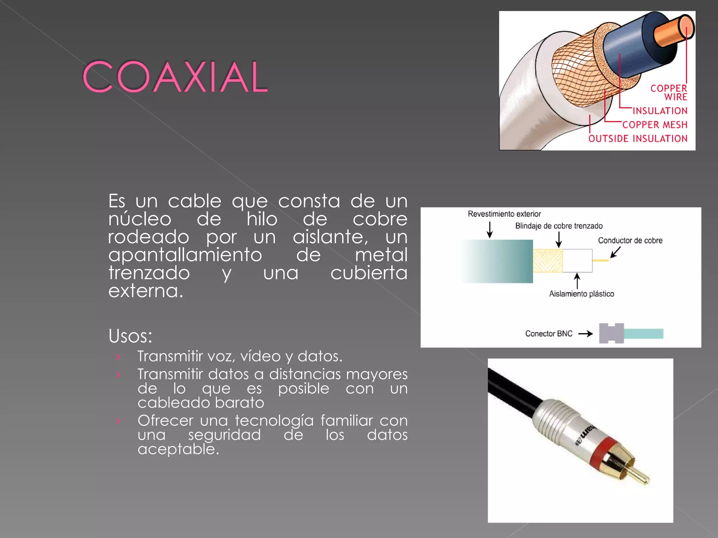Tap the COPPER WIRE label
pyautogui.click(x=669, y=92)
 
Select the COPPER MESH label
pyautogui.click(x=655, y=125)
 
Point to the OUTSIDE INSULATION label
pyautogui.click(x=638, y=139)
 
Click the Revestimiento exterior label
pyautogui.click(x=504, y=214)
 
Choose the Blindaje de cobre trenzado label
pyautogui.click(x=559, y=226)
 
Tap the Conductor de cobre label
pyautogui.click(x=630, y=241)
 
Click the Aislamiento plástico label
pyautogui.click(x=582, y=294)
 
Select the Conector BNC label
pyautogui.click(x=549, y=334)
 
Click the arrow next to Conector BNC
pyautogui.click(x=585, y=334)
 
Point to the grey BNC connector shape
pyautogui.click(x=611, y=333)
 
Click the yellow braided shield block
pyautogui.click(x=548, y=261)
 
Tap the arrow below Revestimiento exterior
pyautogui.click(x=490, y=230)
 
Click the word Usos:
pyautogui.click(x=130, y=336)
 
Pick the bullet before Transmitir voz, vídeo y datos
pyautogui.click(x=118, y=357)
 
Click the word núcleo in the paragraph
pyautogui.click(x=140, y=219)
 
